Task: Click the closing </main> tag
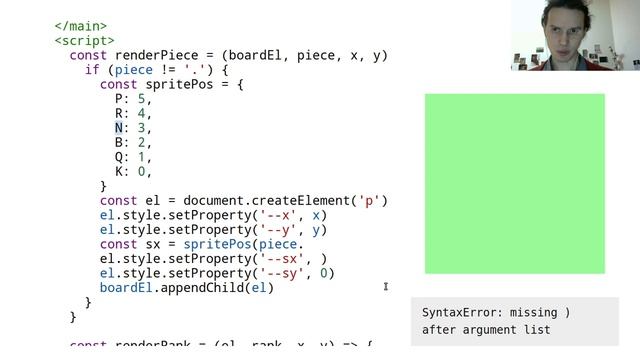(80, 27)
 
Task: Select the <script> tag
(84, 41)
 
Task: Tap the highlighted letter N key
(119, 128)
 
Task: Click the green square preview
(514, 183)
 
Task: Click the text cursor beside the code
(386, 288)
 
